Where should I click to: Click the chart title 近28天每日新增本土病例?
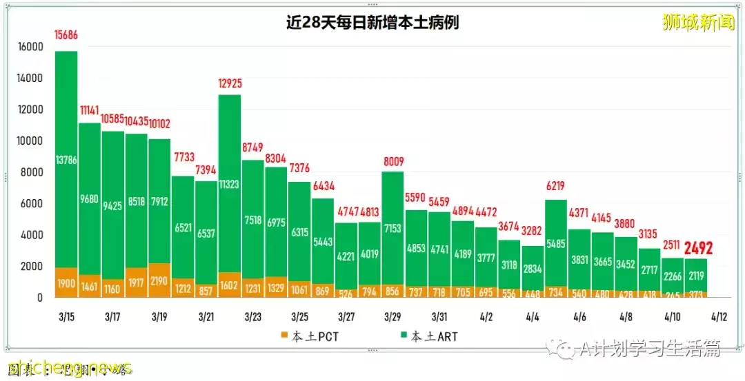tap(372, 23)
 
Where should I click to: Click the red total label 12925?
tap(230, 84)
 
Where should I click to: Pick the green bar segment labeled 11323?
tap(230, 184)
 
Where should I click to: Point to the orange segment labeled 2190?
tap(159, 281)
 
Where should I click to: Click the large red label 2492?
tap(698, 247)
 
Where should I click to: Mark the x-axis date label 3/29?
tap(393, 318)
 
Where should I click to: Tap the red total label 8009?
tap(394, 162)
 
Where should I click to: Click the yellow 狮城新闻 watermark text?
tap(698, 22)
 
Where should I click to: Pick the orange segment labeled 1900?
tap(66, 284)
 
